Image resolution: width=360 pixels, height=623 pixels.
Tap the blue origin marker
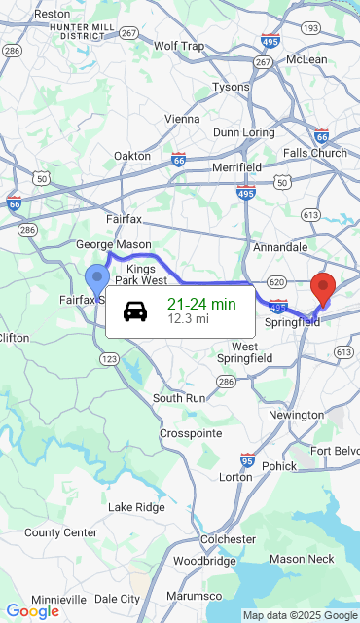tap(96, 279)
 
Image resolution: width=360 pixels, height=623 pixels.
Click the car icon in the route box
tap(135, 311)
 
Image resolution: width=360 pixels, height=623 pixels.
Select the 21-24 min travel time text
tap(201, 304)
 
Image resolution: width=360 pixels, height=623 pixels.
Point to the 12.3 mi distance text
tap(188, 318)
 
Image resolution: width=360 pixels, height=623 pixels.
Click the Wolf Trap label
tap(179, 46)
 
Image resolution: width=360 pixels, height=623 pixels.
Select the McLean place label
tap(306, 59)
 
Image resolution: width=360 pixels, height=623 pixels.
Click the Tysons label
tap(231, 87)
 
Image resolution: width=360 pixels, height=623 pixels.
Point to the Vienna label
tap(182, 119)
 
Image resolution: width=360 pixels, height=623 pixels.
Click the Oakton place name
tap(132, 155)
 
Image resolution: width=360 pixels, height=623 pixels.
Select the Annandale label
tap(280, 247)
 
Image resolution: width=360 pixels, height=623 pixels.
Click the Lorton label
tap(235, 477)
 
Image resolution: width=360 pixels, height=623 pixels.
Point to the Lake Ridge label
tap(136, 507)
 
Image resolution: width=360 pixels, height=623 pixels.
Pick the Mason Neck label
tap(302, 558)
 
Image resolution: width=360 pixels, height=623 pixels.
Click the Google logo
tap(32, 611)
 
